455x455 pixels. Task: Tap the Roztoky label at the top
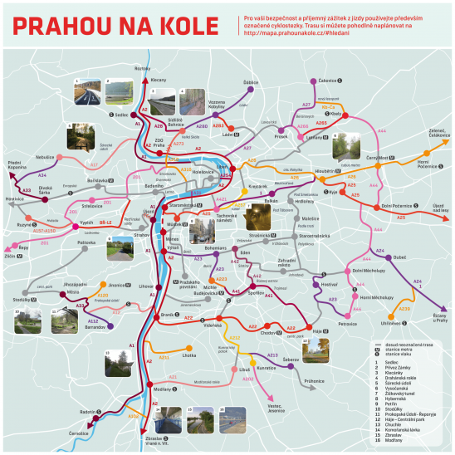[143, 68]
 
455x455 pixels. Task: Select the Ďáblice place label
[251, 81]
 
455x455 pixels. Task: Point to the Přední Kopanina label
[20, 164]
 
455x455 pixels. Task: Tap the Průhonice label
[314, 379]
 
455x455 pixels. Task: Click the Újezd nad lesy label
[436, 208]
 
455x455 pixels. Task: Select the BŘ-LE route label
[105, 223]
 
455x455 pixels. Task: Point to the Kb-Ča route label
[328, 107]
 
